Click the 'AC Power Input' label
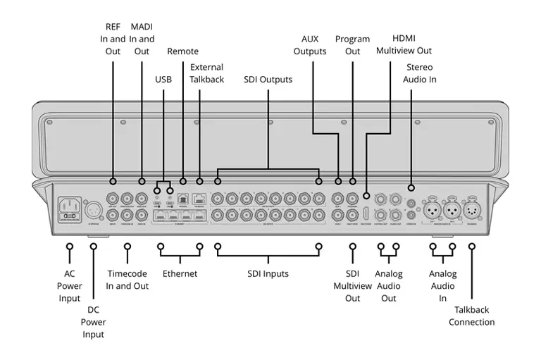tap(70, 286)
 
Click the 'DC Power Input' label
tap(93, 322)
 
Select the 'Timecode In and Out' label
tap(128, 280)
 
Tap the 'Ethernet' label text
tap(180, 273)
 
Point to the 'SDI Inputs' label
tap(268, 273)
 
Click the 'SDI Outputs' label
tap(268, 80)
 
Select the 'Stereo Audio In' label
tap(419, 73)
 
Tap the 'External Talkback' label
tap(206, 73)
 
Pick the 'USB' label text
tap(163, 80)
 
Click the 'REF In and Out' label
tap(113, 39)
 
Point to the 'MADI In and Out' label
tap(142, 39)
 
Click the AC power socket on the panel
tap(70, 208)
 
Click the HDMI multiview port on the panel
tap(366, 214)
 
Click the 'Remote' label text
tap(182, 51)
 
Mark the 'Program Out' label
tap(352, 45)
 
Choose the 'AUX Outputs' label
tap(313, 45)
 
